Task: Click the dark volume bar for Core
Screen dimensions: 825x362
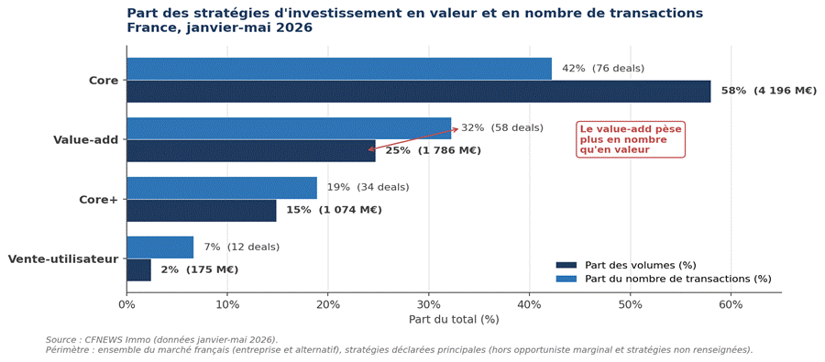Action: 419,91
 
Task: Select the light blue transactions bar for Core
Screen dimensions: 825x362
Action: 339,69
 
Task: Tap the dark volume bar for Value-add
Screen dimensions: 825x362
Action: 251,150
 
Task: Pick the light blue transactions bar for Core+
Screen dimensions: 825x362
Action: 222,188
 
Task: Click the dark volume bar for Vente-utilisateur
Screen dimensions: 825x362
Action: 139,269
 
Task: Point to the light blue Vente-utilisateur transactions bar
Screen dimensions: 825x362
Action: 159,247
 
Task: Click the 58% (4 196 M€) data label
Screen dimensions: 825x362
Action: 769,91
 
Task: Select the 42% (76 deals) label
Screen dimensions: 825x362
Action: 603,69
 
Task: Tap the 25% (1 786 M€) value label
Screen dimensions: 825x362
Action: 434,151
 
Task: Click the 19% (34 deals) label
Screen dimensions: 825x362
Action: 368,187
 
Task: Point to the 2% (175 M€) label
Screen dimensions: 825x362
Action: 200,270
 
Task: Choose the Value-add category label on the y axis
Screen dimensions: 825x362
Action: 86,140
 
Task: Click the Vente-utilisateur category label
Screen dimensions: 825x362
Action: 63,258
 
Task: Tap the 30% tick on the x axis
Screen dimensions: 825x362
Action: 429,304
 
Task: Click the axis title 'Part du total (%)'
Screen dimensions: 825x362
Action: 454,319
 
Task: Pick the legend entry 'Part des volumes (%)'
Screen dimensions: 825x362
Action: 629,265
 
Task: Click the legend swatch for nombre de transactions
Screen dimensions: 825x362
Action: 566,279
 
